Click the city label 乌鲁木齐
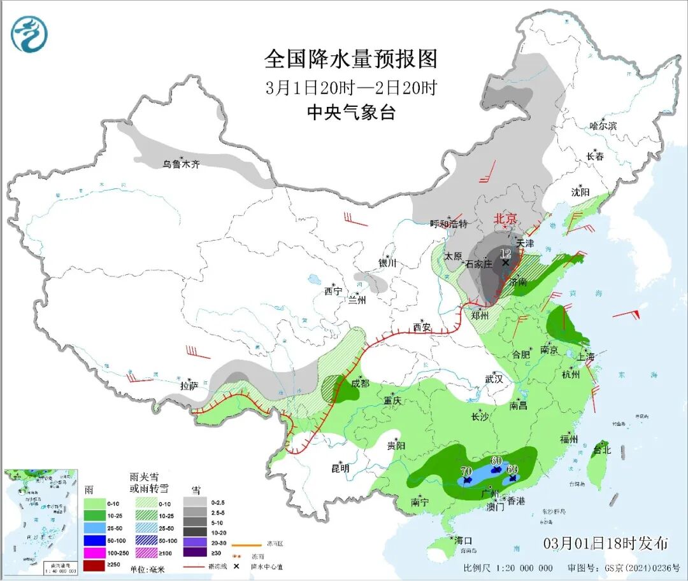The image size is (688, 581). coord(181,164)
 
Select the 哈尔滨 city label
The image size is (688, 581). coord(603,126)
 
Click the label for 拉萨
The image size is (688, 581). coord(189,385)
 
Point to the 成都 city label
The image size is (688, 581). coord(360,383)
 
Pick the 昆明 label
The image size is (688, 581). coord(340,468)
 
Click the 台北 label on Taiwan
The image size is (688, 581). coord(601,450)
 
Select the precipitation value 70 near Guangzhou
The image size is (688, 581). coord(465,472)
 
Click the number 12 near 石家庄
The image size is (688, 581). coord(505,253)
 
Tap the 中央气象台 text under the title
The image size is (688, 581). coord(351,113)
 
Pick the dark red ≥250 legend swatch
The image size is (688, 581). coord(95,564)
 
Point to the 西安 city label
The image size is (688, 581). coord(421,328)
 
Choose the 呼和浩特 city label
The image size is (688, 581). coord(448,223)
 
